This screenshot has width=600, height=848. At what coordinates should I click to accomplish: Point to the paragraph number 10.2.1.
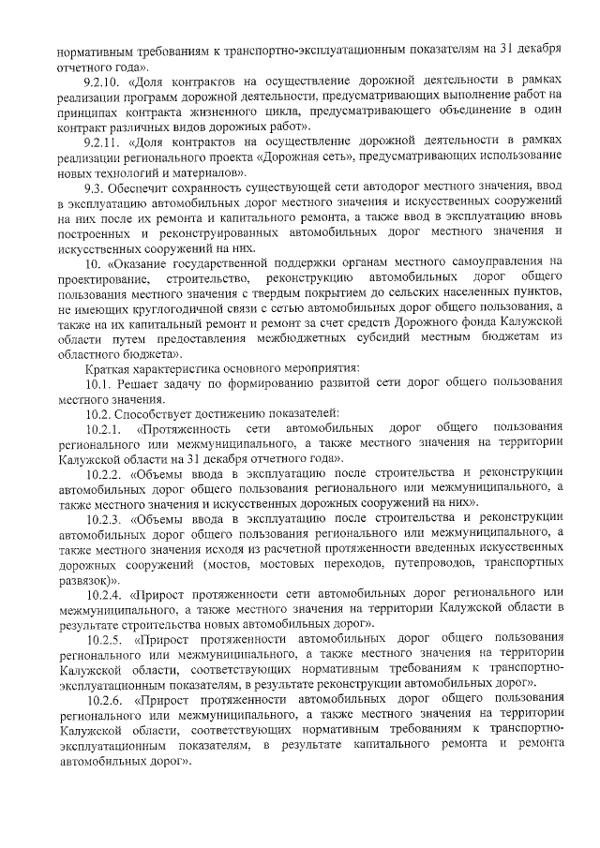click(103, 429)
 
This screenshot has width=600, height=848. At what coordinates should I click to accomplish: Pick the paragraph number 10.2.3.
click(103, 517)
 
